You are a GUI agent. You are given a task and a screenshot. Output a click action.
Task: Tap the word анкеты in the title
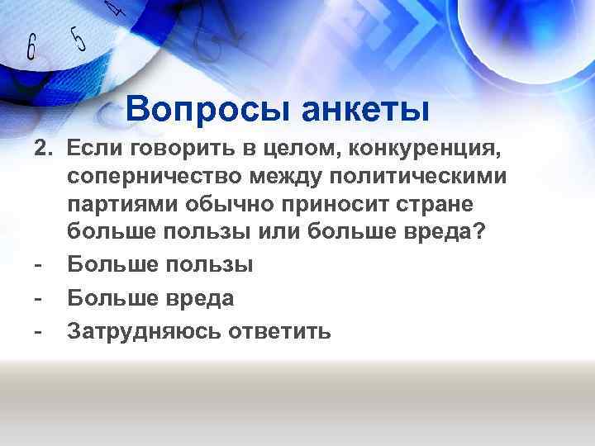[365, 108]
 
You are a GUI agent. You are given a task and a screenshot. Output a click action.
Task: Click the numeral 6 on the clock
[31, 48]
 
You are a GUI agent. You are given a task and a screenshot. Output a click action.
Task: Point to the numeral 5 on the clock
[77, 39]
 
